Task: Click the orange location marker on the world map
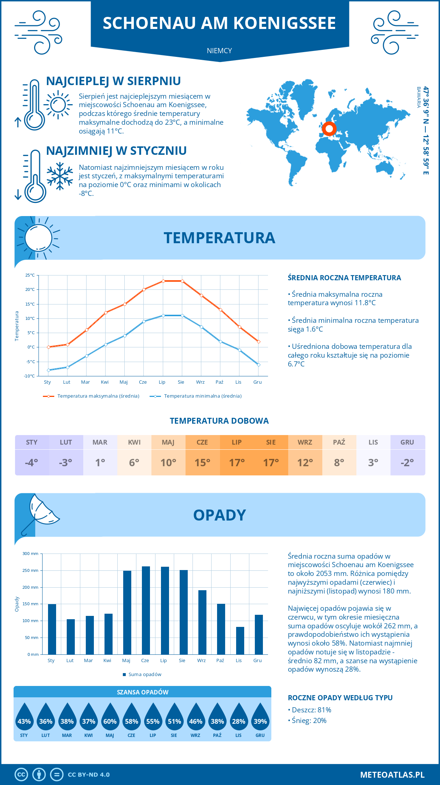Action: (329, 129)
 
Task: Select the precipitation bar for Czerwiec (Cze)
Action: (146, 610)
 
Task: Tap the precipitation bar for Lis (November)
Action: (240, 640)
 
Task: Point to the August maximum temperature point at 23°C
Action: (182, 281)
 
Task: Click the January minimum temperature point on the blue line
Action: (48, 370)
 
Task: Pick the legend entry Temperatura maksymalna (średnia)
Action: (91, 396)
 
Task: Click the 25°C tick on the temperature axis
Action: (30, 275)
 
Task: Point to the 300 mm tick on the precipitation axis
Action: (31, 554)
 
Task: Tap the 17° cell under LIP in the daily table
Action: (237, 463)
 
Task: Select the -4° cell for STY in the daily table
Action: (32, 463)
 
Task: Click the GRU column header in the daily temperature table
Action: (407, 442)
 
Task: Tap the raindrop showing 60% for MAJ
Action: (110, 717)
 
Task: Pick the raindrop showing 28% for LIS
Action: (239, 717)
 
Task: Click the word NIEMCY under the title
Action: (219, 51)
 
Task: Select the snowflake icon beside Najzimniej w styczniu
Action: (60, 176)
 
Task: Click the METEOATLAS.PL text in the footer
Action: (392, 775)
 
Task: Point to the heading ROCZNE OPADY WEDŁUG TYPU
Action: (340, 698)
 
